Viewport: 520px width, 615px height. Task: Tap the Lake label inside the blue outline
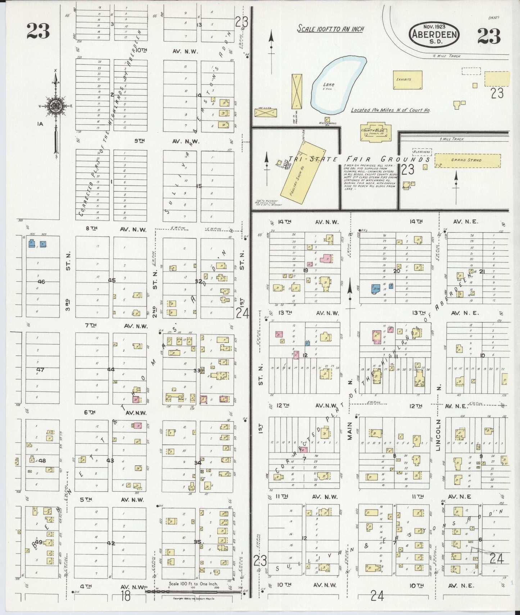(328, 85)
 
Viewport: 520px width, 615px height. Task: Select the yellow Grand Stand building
(467, 160)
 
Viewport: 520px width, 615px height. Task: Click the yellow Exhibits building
(407, 80)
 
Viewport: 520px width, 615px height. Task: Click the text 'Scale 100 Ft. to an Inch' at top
(330, 29)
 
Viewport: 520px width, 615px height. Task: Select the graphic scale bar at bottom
(193, 588)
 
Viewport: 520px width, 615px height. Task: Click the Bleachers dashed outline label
(422, 152)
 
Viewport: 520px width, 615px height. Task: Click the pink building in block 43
(137, 426)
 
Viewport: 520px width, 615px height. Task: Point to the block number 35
(197, 542)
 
